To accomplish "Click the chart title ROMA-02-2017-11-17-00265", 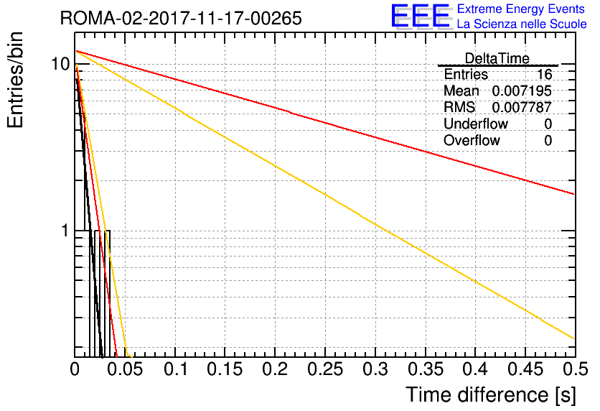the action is click(181, 18).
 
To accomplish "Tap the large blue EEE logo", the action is click(421, 16).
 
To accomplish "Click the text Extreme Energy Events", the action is click(521, 9).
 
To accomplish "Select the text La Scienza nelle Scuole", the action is click(522, 24).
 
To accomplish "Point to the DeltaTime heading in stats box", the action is click(497, 58).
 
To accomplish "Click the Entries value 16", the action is click(544, 74).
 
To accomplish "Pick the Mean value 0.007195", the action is click(522, 91).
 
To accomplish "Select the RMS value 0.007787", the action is click(522, 107).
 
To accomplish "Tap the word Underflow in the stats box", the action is click(476, 124).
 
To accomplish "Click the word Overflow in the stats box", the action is click(472, 140).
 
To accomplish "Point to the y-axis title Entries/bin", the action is click(15, 80).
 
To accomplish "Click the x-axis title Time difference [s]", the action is click(491, 394).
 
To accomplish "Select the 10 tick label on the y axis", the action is click(61, 63).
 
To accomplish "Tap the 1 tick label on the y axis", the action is click(65, 231).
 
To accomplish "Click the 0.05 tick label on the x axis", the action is click(125, 369).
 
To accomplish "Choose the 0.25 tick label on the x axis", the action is click(325, 369).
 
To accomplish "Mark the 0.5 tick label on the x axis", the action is click(575, 369).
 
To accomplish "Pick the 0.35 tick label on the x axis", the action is click(426, 369).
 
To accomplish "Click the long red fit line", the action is click(325, 123).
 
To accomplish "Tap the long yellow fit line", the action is click(325, 195).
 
